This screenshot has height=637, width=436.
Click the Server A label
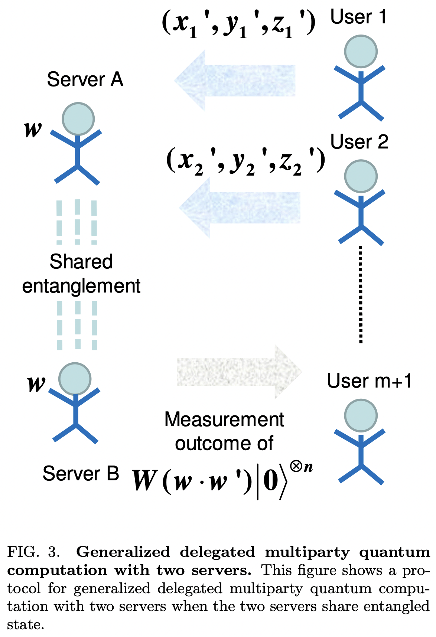[85, 80]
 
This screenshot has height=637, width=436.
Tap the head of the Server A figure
[78, 119]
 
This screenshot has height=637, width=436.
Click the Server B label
[81, 474]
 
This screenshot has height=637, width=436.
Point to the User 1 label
[358, 17]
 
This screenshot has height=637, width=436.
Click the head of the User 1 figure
[361, 52]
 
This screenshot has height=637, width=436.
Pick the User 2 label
[359, 142]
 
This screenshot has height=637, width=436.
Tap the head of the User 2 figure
[361, 176]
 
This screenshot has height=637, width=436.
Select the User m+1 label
[369, 381]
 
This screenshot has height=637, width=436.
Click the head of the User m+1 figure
[361, 416]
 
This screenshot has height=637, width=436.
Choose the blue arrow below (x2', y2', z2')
[240, 208]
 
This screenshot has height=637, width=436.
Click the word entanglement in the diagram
[81, 286]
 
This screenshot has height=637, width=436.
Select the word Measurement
[224, 420]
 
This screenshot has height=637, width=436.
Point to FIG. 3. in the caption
[33, 552]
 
